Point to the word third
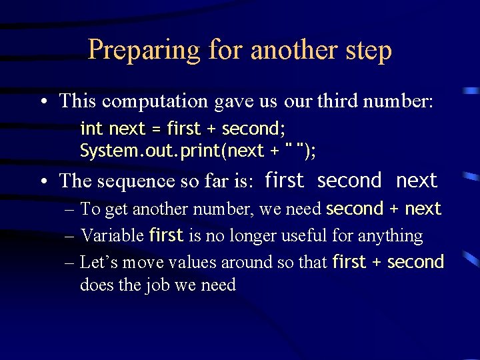tap(337, 101)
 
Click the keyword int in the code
tap(91, 127)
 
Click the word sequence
tap(123, 181)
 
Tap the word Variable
tap(112, 235)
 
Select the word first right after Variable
tap(167, 235)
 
